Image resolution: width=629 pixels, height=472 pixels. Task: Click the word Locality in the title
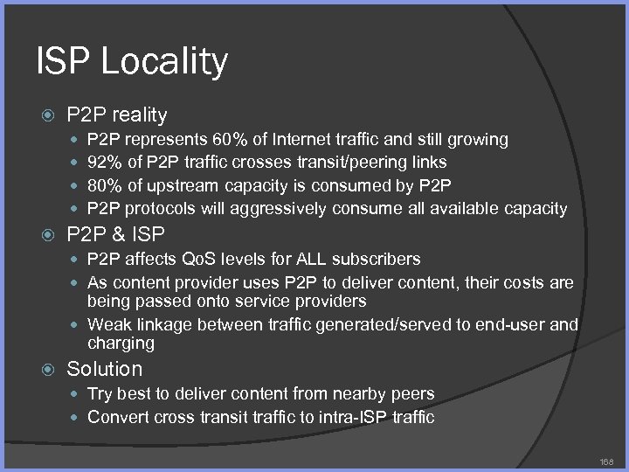pos(165,62)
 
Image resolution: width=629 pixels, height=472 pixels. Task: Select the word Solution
pos(104,369)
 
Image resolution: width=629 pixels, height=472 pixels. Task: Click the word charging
pos(121,344)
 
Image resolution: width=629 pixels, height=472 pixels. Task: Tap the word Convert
pos(119,417)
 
